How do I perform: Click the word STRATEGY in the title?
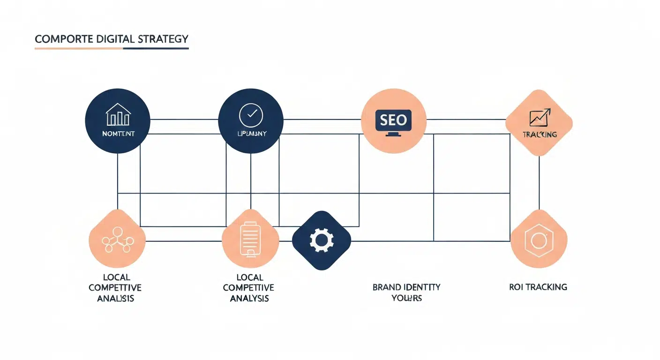(x=163, y=39)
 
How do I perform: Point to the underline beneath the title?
(x=112, y=48)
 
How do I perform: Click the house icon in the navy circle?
(x=118, y=115)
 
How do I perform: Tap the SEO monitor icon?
(x=393, y=122)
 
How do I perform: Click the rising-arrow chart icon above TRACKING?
(x=540, y=117)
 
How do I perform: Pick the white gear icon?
(x=322, y=240)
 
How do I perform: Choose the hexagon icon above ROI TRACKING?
(x=538, y=240)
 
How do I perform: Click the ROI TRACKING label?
(x=538, y=287)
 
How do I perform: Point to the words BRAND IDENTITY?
(x=406, y=287)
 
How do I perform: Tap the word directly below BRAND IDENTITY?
(x=406, y=298)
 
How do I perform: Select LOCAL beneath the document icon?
(x=250, y=277)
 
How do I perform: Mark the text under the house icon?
(x=118, y=134)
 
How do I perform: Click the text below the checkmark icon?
(x=251, y=134)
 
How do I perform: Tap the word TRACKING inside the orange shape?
(x=540, y=135)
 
